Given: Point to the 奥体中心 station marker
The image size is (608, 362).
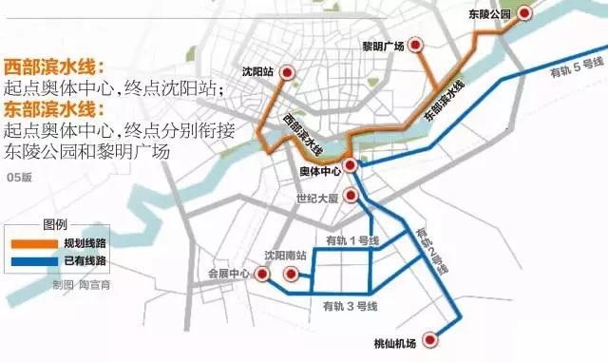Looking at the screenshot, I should click(x=350, y=165).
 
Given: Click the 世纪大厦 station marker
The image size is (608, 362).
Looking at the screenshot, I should click(x=350, y=196).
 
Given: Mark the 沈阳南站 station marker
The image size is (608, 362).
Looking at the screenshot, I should click(x=291, y=274).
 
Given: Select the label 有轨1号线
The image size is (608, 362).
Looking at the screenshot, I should click(x=351, y=240).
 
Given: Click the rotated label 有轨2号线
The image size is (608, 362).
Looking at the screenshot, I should click(x=433, y=249).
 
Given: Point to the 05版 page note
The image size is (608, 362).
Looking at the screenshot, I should click(x=19, y=178).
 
